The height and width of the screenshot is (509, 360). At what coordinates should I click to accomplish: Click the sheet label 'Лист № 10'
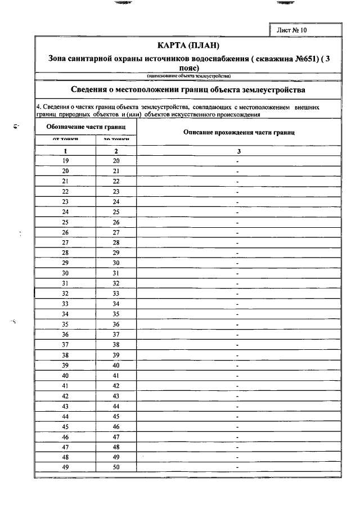tap(292, 30)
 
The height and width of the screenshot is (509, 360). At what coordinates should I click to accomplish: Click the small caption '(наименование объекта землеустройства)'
tap(188, 75)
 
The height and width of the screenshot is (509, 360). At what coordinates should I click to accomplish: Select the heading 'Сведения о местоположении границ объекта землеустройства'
tap(188, 89)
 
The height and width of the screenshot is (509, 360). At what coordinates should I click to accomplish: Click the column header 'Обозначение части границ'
tap(85, 127)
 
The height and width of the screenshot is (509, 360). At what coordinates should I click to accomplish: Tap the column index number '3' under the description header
tap(238, 151)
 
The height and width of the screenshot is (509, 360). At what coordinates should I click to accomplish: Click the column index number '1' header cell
tap(65, 151)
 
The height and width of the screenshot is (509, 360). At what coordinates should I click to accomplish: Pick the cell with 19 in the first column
tap(65, 160)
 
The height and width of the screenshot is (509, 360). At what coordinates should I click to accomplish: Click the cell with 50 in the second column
tap(116, 467)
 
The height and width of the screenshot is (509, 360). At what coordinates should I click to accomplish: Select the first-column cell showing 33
tap(65, 304)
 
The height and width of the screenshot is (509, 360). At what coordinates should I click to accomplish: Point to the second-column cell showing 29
tap(116, 253)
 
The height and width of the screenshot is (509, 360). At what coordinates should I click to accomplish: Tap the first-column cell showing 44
tap(65, 416)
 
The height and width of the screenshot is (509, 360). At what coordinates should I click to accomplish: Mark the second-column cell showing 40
tap(116, 365)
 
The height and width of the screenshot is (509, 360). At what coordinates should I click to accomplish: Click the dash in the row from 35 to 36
tap(238, 325)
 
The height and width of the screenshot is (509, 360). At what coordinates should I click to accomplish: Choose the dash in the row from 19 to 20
tap(238, 161)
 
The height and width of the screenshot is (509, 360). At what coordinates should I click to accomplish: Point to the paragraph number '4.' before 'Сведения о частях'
tap(38, 106)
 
